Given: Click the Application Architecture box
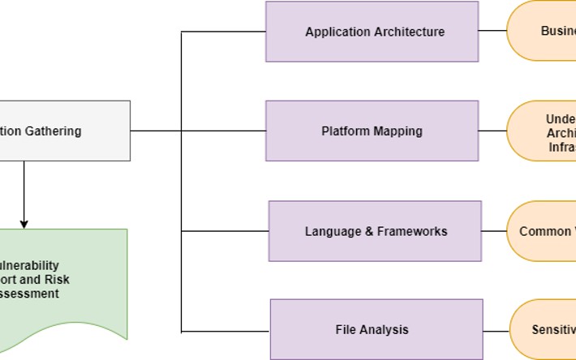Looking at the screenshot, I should [372, 32].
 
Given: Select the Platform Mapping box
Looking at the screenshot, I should [372, 131].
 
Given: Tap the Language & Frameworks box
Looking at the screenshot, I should [375, 231].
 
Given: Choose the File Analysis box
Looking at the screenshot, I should [376, 329].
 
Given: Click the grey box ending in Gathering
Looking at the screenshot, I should [65, 131].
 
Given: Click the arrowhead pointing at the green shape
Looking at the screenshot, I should [24, 223].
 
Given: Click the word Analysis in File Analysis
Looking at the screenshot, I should [384, 329].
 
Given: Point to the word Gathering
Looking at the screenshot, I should [51, 131].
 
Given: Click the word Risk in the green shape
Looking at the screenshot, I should [58, 280].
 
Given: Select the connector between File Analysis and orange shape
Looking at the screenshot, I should [496, 330].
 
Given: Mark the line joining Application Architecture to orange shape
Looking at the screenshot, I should [492, 31].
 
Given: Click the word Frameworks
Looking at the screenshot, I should [412, 231].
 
